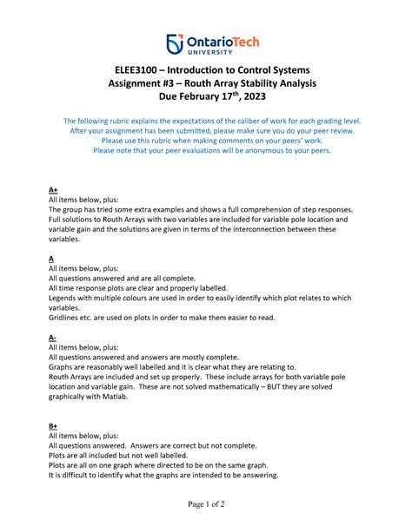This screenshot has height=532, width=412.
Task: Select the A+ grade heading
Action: click(x=53, y=187)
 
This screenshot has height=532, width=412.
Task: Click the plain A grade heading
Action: click(x=51, y=258)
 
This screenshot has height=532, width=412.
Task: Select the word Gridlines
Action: click(x=66, y=318)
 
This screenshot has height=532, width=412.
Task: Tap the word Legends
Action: click(x=64, y=298)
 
